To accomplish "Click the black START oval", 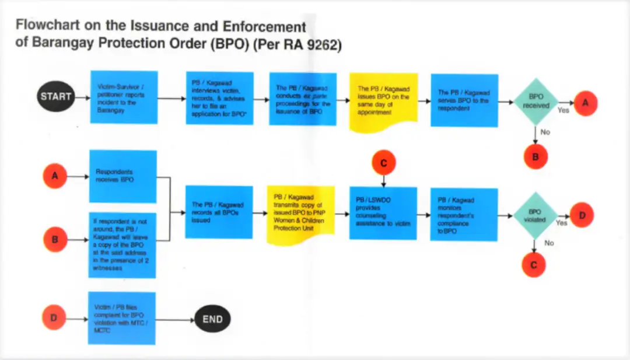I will click(56, 96).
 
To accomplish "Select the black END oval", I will click(212, 319).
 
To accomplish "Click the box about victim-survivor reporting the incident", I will click(124, 97).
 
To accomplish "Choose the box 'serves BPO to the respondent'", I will click(464, 100).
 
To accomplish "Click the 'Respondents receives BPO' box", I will click(123, 176).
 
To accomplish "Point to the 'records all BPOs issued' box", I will click(219, 212).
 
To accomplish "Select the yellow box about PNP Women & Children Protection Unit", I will click(300, 212).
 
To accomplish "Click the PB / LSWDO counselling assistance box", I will click(383, 213).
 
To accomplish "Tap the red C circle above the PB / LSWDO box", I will click(383, 163).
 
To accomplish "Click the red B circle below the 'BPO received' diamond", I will click(535, 156).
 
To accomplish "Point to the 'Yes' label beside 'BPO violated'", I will click(562, 222).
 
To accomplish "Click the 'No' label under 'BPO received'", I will click(545, 132).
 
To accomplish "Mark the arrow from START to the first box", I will click(81, 97).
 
